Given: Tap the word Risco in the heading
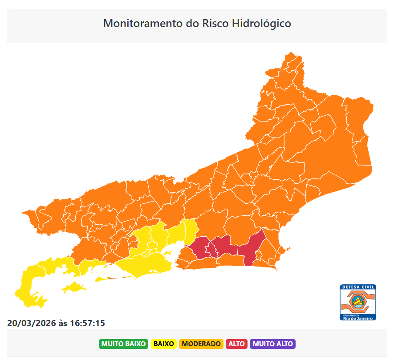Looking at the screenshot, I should (x=216, y=23).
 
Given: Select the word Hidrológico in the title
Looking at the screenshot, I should (x=262, y=23).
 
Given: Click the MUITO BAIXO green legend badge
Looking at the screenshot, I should (x=124, y=344).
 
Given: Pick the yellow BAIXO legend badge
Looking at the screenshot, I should (x=164, y=344).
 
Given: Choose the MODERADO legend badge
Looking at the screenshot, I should (x=201, y=344).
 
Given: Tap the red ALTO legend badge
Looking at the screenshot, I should (x=237, y=344).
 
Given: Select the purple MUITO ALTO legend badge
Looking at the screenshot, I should (x=273, y=344).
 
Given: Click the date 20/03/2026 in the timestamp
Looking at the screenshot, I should (x=31, y=323).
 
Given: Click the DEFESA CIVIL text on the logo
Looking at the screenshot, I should (x=358, y=288).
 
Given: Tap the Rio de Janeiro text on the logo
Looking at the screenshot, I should (x=358, y=318).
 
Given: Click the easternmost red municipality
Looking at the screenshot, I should (x=252, y=247).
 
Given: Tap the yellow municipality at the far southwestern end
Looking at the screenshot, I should (x=31, y=289).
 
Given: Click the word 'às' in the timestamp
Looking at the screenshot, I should (x=63, y=323).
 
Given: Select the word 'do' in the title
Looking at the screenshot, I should (x=191, y=23).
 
